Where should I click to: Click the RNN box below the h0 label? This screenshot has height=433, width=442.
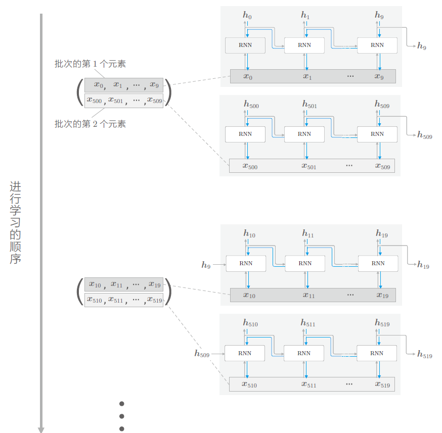point(245,45)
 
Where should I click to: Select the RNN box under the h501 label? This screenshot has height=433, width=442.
point(304,134)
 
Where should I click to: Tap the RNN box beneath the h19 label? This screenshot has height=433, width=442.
point(378,263)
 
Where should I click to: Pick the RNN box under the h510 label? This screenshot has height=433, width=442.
point(245,353)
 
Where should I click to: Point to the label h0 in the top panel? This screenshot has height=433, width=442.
point(247,16)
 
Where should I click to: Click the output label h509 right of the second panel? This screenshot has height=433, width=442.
point(424,135)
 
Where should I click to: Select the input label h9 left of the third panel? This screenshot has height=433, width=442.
point(206,265)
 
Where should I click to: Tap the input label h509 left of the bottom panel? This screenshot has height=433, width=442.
point(202,354)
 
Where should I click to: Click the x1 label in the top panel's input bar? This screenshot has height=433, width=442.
point(307,76)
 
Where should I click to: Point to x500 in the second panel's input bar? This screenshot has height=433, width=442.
point(250,166)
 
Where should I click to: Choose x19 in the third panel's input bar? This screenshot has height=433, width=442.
point(382,295)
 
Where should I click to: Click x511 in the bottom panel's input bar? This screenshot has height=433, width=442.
point(308,385)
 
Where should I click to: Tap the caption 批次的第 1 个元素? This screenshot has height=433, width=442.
point(90,64)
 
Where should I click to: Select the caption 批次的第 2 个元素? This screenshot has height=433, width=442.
point(90,124)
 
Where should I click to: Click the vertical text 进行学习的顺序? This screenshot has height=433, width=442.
point(15,222)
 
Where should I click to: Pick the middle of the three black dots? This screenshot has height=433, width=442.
point(122,416)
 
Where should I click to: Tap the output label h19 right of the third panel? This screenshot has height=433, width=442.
point(423,265)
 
